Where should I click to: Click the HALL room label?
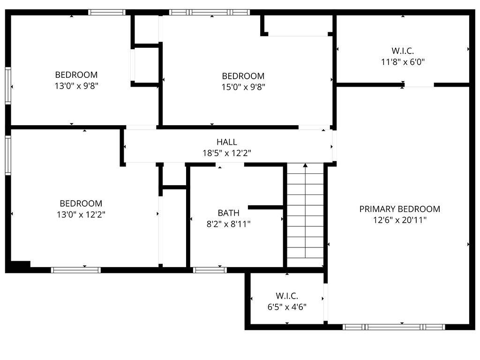click(x=226, y=142)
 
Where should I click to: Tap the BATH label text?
click(x=228, y=213)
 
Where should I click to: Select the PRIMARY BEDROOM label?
click(x=399, y=209)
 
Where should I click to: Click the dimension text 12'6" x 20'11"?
click(x=399, y=220)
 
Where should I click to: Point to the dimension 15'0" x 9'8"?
click(x=243, y=87)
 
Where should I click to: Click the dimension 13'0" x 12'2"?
click(x=81, y=215)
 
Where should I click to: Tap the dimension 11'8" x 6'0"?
click(x=403, y=61)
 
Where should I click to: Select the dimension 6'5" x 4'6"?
click(x=287, y=307)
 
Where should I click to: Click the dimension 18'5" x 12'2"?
click(x=226, y=153)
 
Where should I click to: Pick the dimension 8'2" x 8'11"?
click(x=228, y=224)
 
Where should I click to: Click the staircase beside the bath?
click(x=305, y=216)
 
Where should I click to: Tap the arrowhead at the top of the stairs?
click(x=306, y=165)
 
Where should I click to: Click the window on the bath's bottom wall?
click(x=210, y=270)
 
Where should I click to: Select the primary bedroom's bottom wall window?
click(x=394, y=327)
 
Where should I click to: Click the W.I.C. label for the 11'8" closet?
click(x=403, y=51)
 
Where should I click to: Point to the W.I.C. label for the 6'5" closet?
click(x=287, y=296)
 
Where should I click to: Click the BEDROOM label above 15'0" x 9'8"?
click(x=243, y=76)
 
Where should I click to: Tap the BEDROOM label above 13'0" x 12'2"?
click(x=81, y=203)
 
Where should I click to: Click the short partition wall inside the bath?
click(x=265, y=207)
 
